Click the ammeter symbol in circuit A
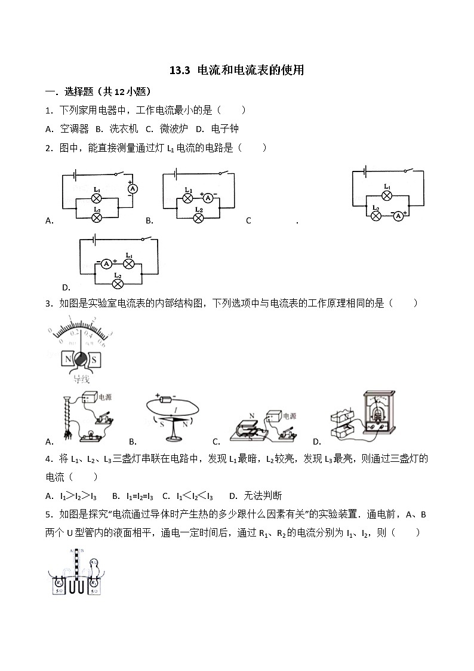134,188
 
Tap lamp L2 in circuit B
199,217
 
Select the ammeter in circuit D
106,263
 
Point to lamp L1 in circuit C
387,195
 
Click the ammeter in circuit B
208,198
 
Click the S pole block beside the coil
96,360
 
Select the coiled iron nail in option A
66,418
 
